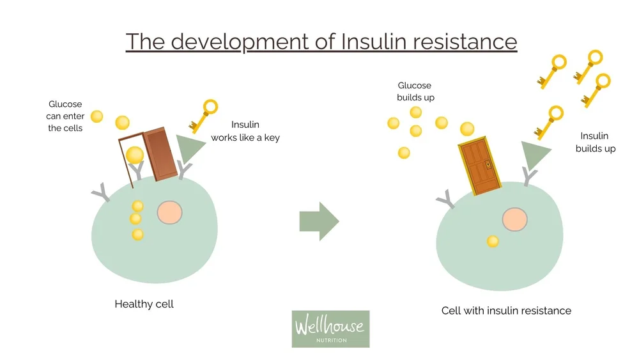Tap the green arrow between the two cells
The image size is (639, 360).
319,221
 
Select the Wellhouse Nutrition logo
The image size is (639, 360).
330,329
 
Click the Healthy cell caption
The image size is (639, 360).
144,304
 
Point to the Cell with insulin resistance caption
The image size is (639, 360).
506,311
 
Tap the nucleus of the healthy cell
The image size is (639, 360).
169,212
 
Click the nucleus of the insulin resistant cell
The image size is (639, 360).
514,219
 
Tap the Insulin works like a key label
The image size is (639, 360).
245,131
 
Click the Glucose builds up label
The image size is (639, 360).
415,91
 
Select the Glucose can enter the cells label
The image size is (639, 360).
65,116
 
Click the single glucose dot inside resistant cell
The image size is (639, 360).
492,241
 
